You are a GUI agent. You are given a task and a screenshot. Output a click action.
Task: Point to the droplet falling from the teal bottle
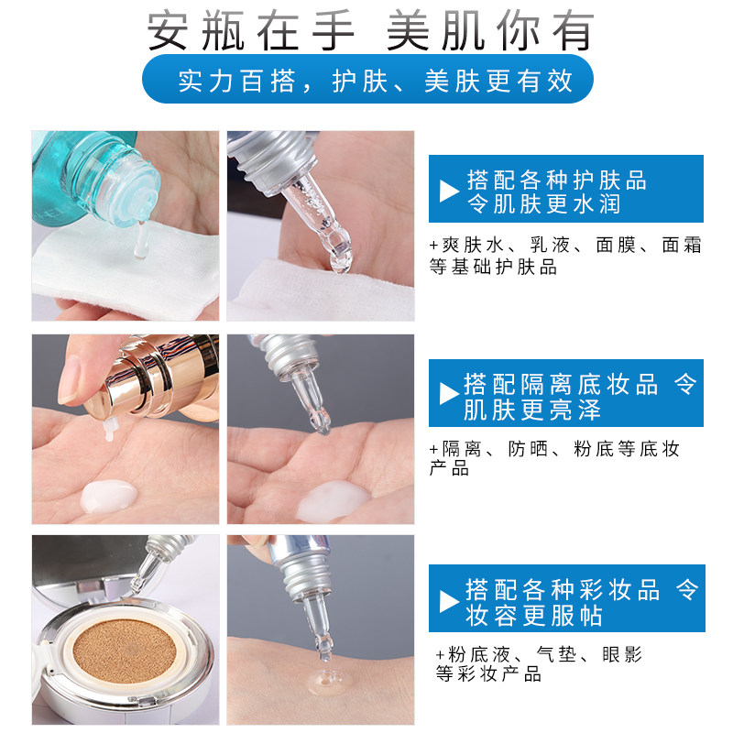pyautogui.click(x=139, y=242)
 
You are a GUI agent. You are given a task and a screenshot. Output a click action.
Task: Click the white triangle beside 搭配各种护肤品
pyautogui.click(x=449, y=191)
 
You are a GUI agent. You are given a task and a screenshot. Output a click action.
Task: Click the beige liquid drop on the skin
pyautogui.click(x=324, y=683)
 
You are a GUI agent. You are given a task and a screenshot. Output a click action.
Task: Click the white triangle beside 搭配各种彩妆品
pyautogui.click(x=449, y=601)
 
